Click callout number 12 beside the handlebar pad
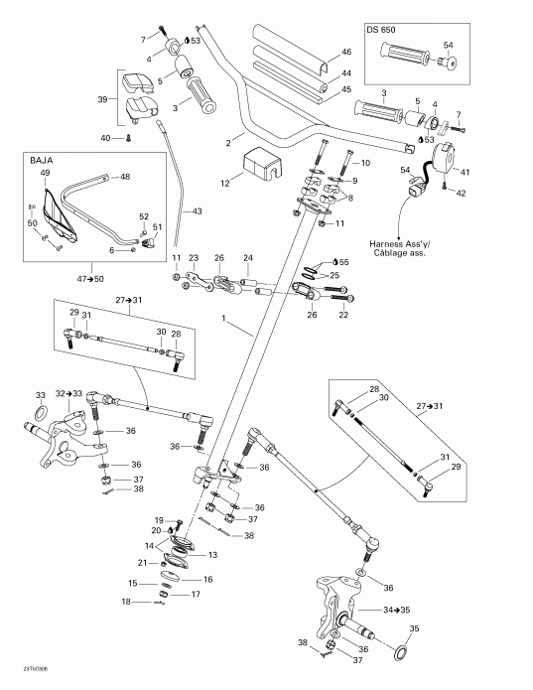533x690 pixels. [225, 183]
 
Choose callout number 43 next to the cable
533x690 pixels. [198, 211]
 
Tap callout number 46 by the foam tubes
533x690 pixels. [346, 52]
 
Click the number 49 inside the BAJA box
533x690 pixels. [45, 174]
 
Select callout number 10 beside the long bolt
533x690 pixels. [363, 162]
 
